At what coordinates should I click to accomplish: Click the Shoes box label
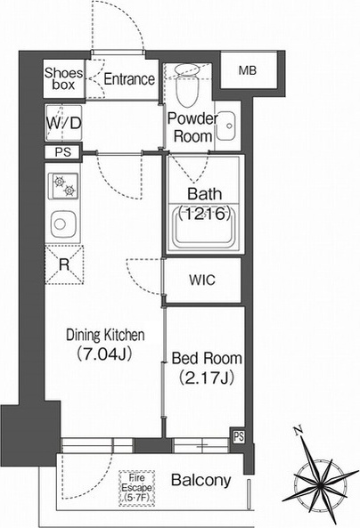[x=63, y=78]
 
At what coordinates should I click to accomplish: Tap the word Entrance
[x=129, y=79]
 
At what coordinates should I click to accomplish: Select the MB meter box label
[x=248, y=70]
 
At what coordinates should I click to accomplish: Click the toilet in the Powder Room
[x=187, y=85]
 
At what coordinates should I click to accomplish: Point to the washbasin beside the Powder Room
[x=225, y=126]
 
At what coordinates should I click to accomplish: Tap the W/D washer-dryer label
[x=63, y=123]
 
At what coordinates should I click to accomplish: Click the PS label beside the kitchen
[x=63, y=152]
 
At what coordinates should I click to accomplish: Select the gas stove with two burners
[x=64, y=186]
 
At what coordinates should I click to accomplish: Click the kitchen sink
[x=63, y=223]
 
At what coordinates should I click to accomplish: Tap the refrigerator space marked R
[x=64, y=264]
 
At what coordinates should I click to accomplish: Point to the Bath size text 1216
[x=205, y=214]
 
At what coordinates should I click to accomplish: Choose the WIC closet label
[x=202, y=280]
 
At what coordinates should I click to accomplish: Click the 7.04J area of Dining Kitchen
[x=103, y=353]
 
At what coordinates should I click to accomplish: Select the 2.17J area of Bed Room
[x=207, y=378]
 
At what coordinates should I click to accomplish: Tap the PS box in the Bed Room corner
[x=239, y=437]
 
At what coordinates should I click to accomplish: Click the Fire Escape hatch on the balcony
[x=137, y=488]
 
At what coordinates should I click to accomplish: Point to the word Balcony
[x=200, y=480]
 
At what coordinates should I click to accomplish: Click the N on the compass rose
[x=297, y=430]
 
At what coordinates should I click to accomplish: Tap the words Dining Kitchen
[x=105, y=335]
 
